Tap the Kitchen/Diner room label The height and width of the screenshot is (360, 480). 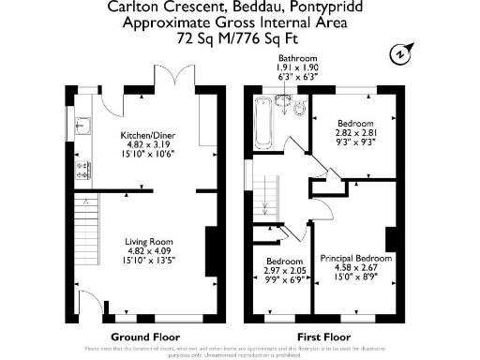[148, 137]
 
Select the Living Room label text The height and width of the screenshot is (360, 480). [148, 242]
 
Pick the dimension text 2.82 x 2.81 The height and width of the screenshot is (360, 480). [356, 134]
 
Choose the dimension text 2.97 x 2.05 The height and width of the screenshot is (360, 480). [284, 270]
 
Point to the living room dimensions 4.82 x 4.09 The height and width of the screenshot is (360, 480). [148, 250]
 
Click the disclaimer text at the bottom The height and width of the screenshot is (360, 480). [240, 352]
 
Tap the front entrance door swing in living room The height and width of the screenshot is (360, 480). [94, 306]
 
